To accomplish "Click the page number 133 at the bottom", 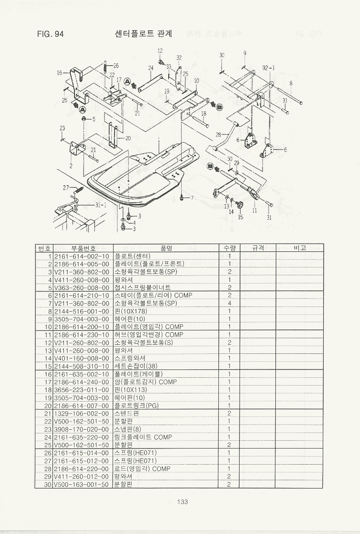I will pyautogui.click(x=182, y=502).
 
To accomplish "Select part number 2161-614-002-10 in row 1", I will pyautogui.click(x=81, y=256).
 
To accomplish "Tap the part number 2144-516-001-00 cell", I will pyautogui.click(x=81, y=311).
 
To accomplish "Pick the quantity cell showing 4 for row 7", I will pyautogui.click(x=229, y=303).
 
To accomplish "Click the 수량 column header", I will pyautogui.click(x=229, y=248).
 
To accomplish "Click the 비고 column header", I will pyautogui.click(x=299, y=248).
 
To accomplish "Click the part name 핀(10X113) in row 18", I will pyautogui.click(x=131, y=390).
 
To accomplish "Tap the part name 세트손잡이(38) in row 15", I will pyautogui.click(x=136, y=366).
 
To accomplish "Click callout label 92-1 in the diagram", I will pyautogui.click(x=269, y=68).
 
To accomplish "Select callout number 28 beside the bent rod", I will pyautogui.click(x=218, y=135).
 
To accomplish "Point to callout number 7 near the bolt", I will pyautogui.click(x=192, y=198).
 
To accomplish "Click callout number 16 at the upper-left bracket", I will pyautogui.click(x=59, y=73).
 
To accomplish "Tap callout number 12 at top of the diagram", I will pyautogui.click(x=160, y=51).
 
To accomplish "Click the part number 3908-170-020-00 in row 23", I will pyautogui.click(x=81, y=429).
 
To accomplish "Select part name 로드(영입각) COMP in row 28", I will pyautogui.click(x=142, y=469).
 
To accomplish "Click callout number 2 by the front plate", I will pyautogui.click(x=70, y=166).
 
